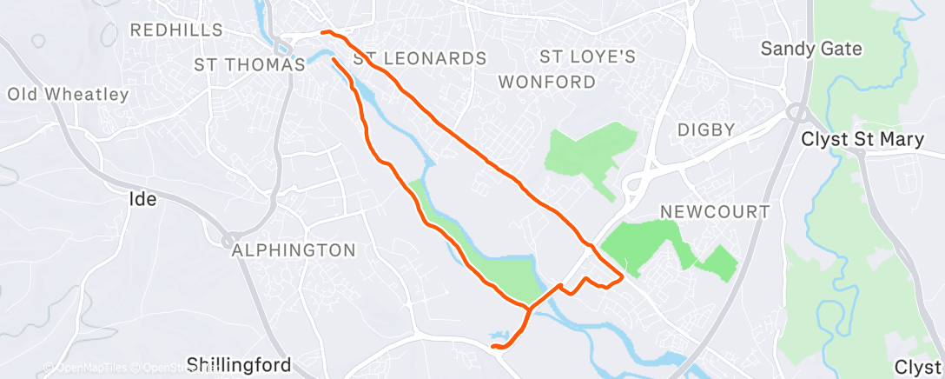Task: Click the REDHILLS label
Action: click(172, 30)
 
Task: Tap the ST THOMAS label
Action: click(249, 64)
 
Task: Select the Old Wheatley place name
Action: click(69, 94)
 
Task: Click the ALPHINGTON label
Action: click(294, 250)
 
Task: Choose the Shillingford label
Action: click(239, 364)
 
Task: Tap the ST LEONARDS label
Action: click(420, 59)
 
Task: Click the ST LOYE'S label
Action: click(588, 57)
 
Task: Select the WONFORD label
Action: click(547, 83)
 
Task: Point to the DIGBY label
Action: click(707, 130)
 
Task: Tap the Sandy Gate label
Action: click(811, 49)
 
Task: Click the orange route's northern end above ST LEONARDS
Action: click(323, 32)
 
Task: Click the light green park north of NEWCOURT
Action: click(591, 148)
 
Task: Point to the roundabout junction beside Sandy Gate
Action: click(796, 111)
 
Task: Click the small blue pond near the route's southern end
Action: click(498, 334)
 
